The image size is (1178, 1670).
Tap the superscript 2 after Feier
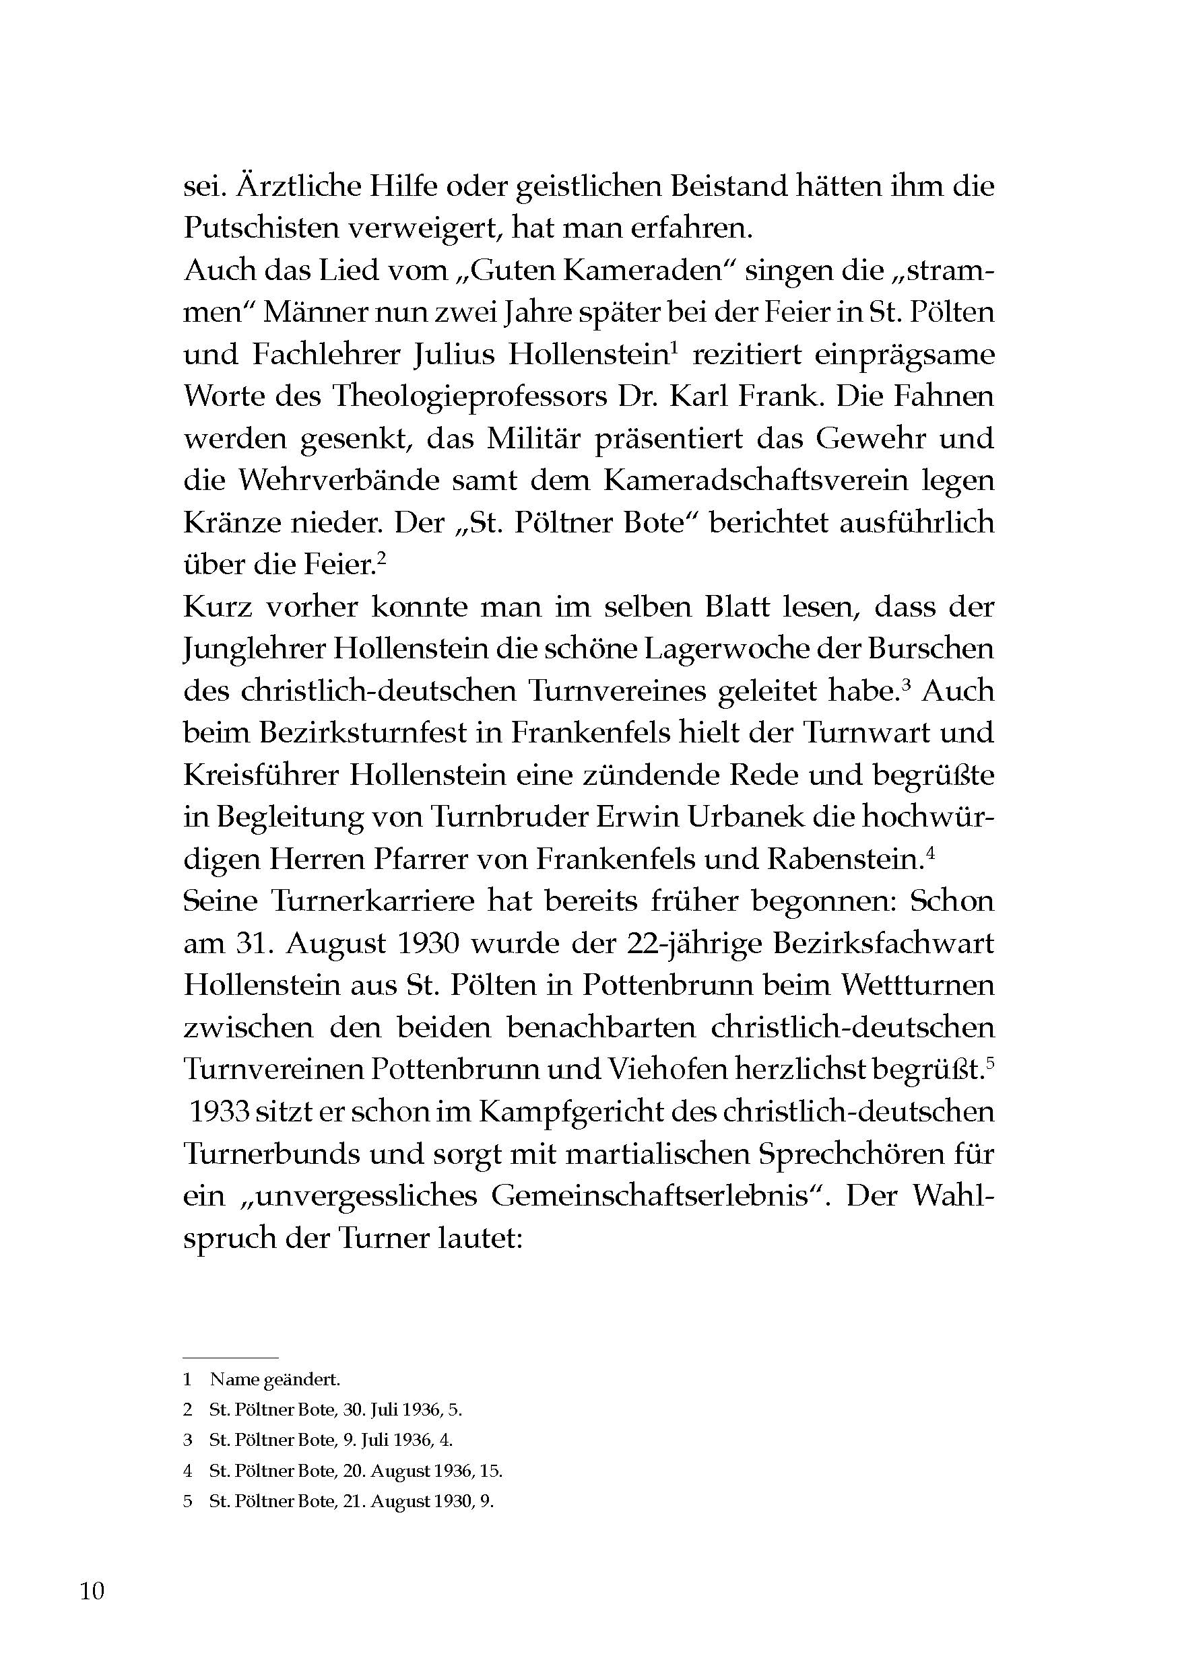381,559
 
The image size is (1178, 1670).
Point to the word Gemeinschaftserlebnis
651,1195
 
